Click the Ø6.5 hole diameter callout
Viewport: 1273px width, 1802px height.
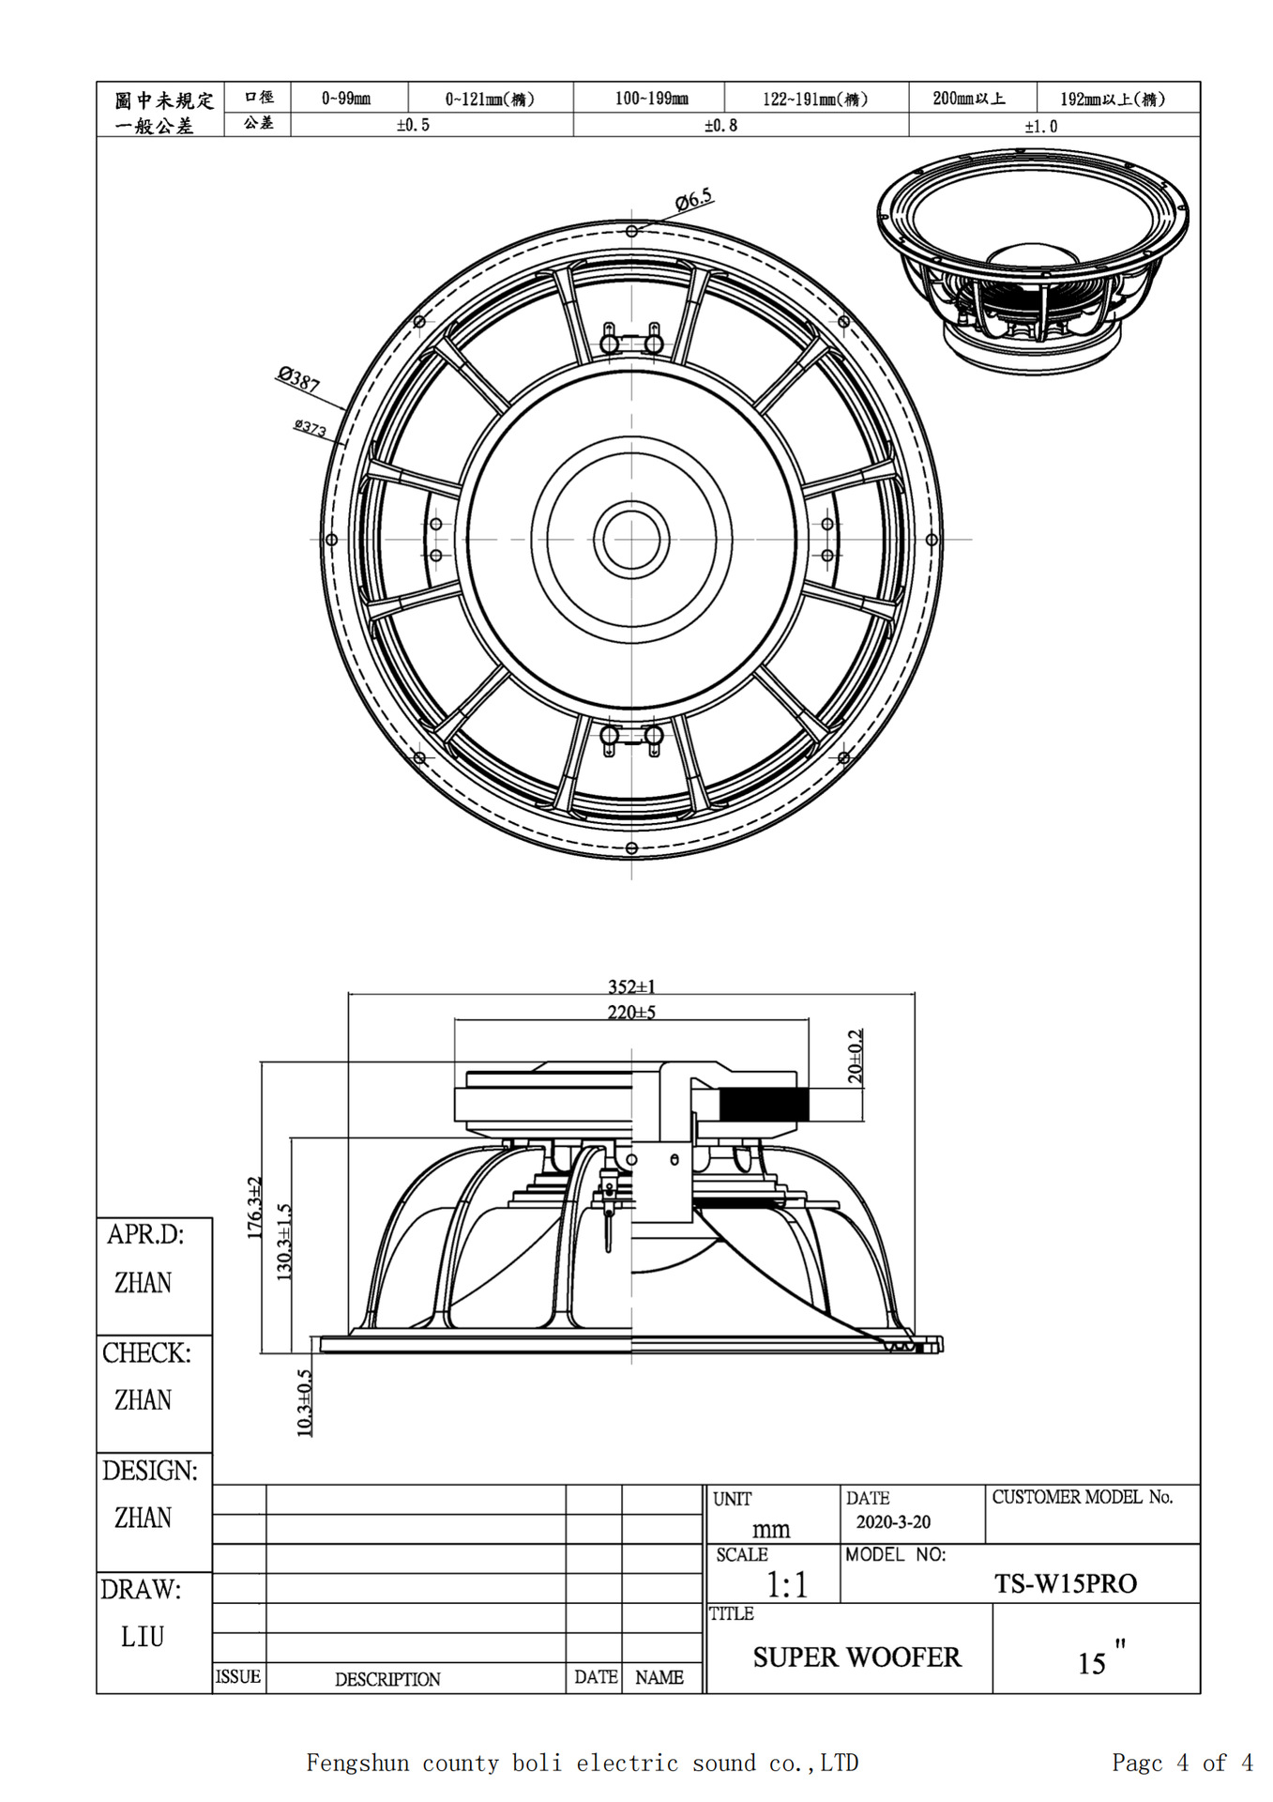(694, 199)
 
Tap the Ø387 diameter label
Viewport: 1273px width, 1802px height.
(298, 379)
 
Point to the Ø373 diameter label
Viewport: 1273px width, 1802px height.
(310, 428)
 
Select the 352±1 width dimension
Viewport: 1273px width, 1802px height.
(631, 985)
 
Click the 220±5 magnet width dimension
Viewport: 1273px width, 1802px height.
(631, 1012)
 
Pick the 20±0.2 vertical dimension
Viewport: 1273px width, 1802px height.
(855, 1056)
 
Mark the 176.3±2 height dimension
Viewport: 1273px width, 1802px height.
(254, 1207)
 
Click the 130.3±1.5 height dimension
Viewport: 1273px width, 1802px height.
(284, 1242)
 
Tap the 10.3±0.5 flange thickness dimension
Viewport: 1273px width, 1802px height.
(304, 1402)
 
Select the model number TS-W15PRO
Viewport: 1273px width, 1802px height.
(1066, 1583)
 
